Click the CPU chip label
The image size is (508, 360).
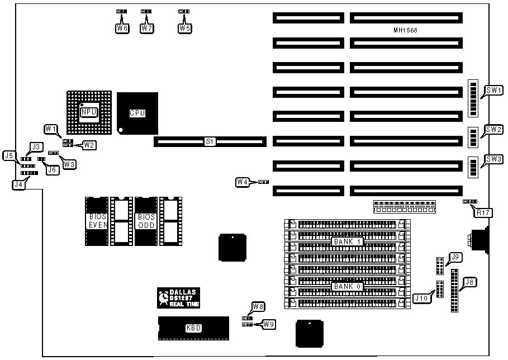(x=137, y=113)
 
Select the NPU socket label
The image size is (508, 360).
(x=88, y=112)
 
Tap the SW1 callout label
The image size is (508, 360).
(x=493, y=90)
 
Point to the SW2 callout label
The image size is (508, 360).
(x=493, y=129)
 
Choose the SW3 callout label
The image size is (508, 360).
(x=493, y=159)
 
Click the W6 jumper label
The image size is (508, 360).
(x=122, y=27)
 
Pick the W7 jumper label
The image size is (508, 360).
(x=146, y=27)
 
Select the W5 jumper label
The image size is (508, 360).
(x=184, y=27)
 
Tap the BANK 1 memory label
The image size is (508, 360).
(x=348, y=241)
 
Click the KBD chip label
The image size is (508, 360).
(x=193, y=328)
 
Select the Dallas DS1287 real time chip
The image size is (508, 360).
(x=178, y=297)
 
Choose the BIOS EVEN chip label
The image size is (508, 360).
(x=96, y=221)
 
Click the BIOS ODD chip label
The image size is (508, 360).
(x=145, y=221)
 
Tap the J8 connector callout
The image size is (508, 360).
(x=469, y=282)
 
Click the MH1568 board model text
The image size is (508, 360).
(x=405, y=30)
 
